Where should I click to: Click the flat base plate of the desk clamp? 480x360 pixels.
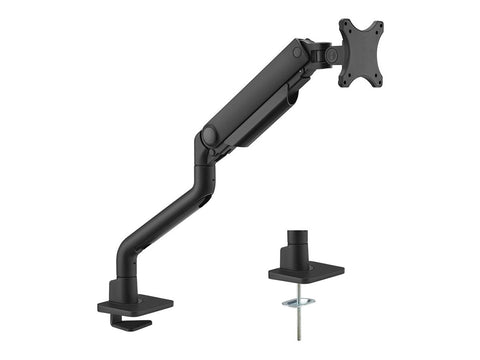[x=135, y=301]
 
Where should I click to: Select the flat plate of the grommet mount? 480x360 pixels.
[x=305, y=272]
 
